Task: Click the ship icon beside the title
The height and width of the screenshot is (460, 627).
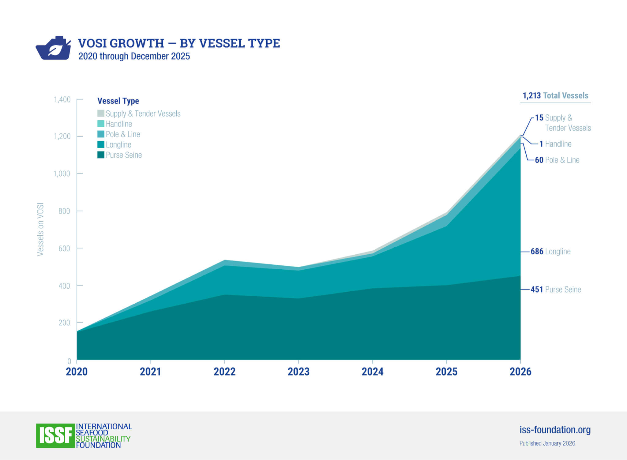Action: [x=53, y=48]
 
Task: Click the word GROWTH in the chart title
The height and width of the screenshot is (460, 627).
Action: [x=137, y=43]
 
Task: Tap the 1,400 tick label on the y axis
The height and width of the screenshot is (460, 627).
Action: [x=62, y=99]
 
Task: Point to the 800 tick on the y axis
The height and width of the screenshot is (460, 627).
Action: [x=64, y=211]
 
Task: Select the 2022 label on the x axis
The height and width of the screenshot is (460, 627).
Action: [x=224, y=372]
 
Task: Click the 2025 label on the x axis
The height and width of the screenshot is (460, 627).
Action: [x=446, y=372]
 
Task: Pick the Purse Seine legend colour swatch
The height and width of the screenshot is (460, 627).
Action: [x=101, y=155]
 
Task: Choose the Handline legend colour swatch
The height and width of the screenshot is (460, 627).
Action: [x=101, y=124]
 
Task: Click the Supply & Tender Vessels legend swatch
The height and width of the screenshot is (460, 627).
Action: [x=101, y=113]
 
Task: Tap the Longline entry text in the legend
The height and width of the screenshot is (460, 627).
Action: [x=118, y=145]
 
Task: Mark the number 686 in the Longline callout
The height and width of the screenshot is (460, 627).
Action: [x=537, y=252]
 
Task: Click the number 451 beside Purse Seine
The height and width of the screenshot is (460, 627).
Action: [x=537, y=290]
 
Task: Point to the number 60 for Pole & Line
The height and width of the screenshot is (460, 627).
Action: [x=539, y=160]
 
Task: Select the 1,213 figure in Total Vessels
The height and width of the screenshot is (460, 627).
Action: [x=531, y=95]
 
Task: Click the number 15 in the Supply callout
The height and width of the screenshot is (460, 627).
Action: [x=539, y=118]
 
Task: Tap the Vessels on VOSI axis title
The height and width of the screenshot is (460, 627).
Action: [x=40, y=229]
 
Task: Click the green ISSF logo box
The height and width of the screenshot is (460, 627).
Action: [x=55, y=436]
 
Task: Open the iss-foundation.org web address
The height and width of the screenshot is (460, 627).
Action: [x=555, y=430]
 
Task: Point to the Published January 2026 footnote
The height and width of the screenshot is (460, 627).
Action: [x=547, y=443]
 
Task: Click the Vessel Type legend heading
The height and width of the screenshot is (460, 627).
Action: [x=118, y=101]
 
